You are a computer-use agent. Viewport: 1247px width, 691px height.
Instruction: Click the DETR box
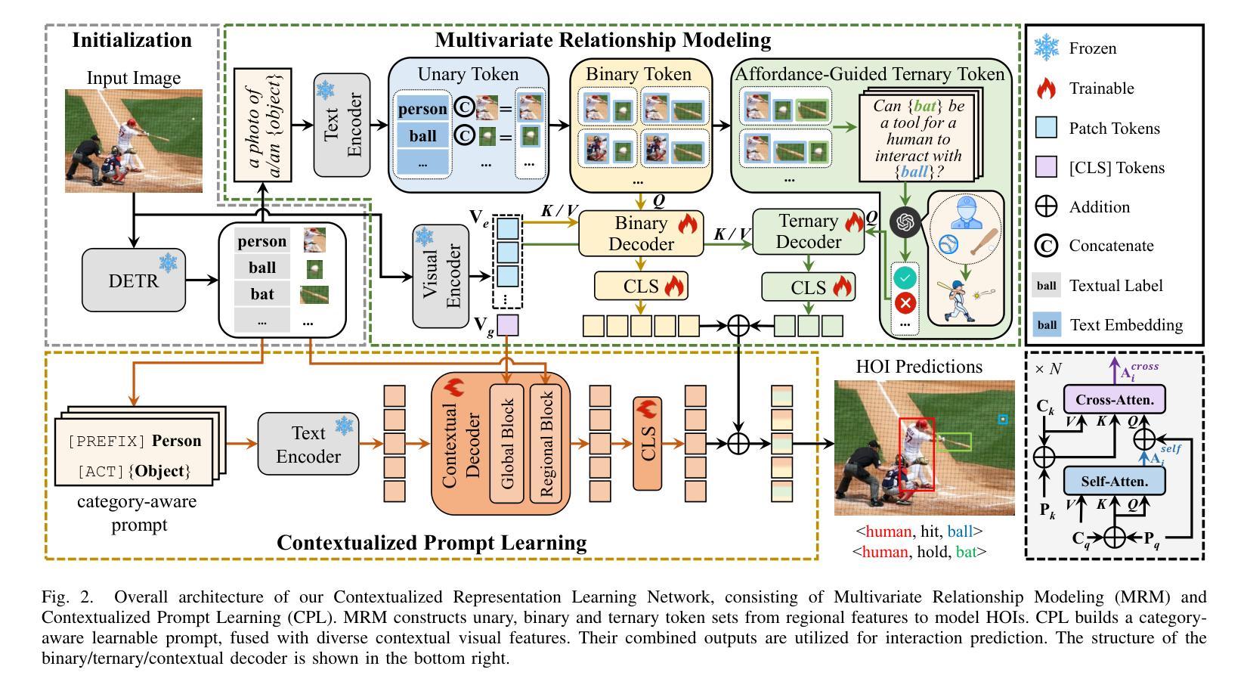[133, 280]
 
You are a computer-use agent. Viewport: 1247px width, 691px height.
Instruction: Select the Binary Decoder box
[642, 234]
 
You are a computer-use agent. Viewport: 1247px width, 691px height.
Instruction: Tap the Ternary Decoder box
[809, 231]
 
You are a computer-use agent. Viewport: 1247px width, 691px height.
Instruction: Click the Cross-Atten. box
[1114, 399]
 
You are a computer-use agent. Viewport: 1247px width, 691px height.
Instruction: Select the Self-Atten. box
[1114, 481]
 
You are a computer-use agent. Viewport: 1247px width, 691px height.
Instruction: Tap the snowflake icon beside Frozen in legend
[1047, 48]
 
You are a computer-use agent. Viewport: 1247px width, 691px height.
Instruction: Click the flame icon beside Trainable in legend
[1047, 88]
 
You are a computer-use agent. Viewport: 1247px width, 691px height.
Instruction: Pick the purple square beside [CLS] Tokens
[1047, 168]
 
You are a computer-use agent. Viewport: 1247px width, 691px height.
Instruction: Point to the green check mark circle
[905, 277]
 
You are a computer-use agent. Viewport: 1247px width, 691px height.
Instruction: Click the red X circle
[905, 303]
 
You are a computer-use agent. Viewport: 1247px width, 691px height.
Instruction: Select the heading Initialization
[132, 40]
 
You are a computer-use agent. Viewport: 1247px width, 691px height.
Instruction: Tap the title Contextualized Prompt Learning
[432, 543]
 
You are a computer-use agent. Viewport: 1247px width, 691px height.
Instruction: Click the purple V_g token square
[507, 325]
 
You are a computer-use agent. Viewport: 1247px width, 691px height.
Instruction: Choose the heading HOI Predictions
[919, 367]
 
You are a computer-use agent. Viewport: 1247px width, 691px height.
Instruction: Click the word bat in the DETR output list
[261, 293]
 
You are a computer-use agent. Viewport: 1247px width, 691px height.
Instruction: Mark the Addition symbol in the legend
[1047, 207]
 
